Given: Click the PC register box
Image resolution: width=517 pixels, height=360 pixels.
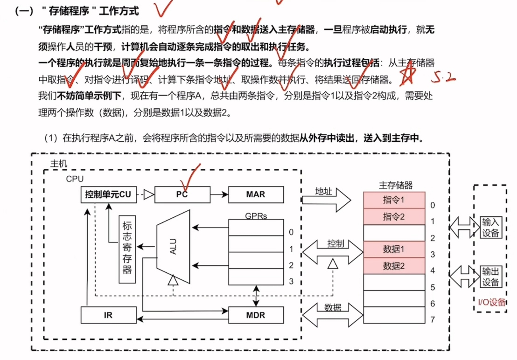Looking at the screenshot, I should pos(182,194).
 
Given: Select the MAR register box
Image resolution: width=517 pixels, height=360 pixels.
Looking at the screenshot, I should pos(256,194).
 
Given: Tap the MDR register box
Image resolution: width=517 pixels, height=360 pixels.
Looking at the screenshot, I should pos(256,315).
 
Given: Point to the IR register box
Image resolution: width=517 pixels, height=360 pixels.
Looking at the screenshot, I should pos(108,315).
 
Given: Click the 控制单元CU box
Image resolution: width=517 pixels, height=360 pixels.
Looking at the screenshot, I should pos(108,194).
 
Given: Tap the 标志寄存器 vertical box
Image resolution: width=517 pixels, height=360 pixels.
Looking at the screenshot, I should pos(127,249).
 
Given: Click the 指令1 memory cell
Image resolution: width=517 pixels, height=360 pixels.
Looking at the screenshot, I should pos(394,200).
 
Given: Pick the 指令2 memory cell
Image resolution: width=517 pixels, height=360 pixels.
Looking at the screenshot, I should pos(394,216).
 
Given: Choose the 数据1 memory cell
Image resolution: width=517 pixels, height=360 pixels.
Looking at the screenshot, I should pos(394,249).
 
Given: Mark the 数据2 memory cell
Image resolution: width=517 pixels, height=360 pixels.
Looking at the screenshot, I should pos(394,266).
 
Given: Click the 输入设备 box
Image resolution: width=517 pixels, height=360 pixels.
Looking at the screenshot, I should pos(490,227).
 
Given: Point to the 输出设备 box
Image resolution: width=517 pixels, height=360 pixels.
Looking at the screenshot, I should pos(490,277).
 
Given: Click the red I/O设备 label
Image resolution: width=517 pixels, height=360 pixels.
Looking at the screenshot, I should pos(491,302).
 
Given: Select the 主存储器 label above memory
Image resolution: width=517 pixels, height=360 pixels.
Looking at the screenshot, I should pos(396,186).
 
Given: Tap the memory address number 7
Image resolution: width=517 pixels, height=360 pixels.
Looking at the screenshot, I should pos(433,320).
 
